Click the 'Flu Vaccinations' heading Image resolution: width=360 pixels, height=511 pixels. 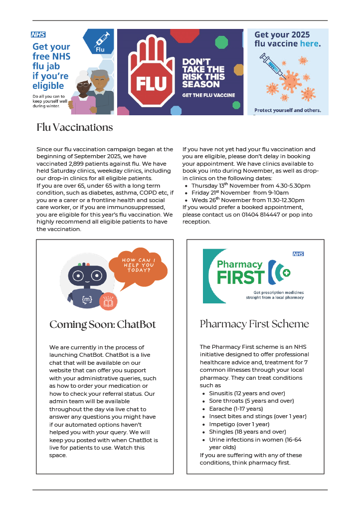coord(75,127)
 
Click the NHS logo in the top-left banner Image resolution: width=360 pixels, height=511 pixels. coord(38,35)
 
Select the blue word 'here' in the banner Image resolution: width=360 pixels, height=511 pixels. coord(309,44)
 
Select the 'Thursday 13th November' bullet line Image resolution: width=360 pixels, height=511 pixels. coord(251,186)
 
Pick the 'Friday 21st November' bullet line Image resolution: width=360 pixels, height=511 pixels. coord(240,193)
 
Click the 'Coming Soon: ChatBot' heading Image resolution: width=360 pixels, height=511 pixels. coord(103,325)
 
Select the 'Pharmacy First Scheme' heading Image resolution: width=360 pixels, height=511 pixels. coord(254,324)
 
